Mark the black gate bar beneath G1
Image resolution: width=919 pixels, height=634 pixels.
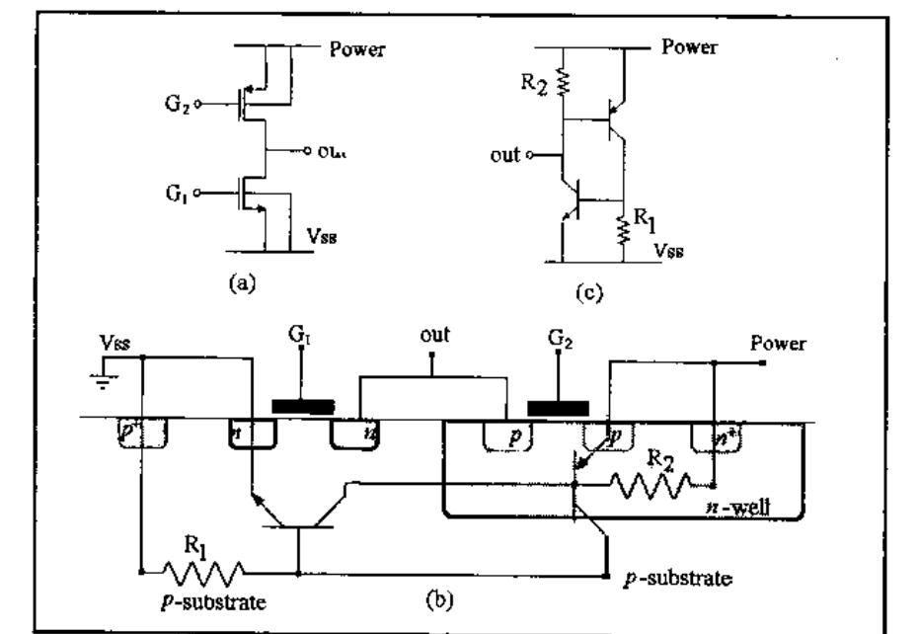coord(303,406)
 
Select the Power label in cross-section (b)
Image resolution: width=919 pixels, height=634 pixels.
coord(778,345)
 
